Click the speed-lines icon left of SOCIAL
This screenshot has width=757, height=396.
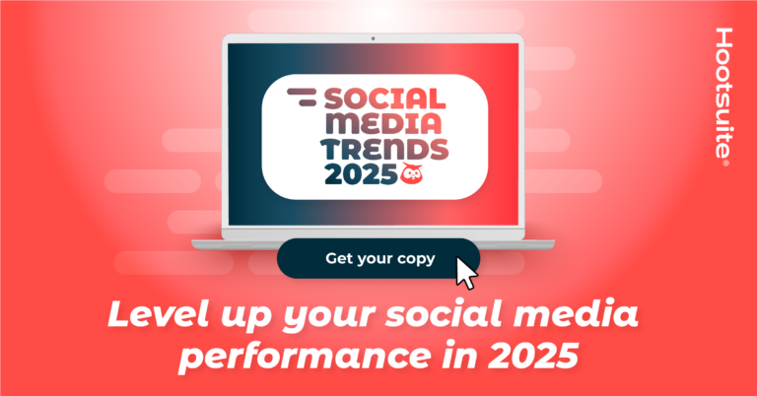tap(301, 97)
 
